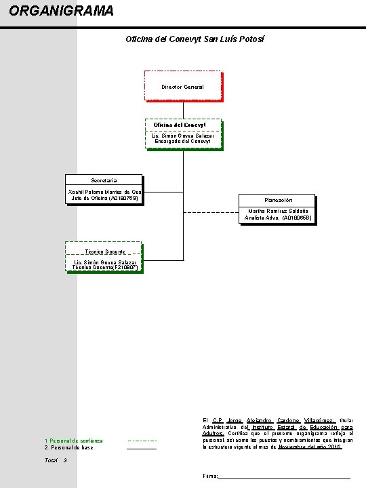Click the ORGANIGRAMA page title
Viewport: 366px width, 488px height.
coord(61,11)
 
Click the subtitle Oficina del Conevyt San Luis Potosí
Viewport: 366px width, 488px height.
coord(195,39)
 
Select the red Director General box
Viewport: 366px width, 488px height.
coord(184,86)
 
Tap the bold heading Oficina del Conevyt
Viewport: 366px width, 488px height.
coord(180,125)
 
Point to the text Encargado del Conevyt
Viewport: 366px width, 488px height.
coord(183,141)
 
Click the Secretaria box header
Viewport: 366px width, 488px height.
coord(104,180)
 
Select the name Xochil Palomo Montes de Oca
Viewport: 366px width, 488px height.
coord(104,192)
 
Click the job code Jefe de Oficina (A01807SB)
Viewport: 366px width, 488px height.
coord(104,198)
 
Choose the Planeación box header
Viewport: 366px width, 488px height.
coord(279,200)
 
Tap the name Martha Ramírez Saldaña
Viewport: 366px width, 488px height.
coord(278,211)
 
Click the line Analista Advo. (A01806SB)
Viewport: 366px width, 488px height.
coord(278,218)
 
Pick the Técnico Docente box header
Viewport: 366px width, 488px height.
coord(105,251)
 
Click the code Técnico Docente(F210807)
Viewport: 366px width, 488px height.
coord(105,267)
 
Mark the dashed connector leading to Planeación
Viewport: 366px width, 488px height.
coord(211,212)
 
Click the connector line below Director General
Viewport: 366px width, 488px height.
coord(183,110)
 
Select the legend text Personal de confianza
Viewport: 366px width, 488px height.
coord(76,441)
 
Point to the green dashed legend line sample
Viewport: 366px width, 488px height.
coord(142,441)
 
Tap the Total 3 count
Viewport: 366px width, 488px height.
coord(56,460)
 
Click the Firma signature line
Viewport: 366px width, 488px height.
coord(284,479)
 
